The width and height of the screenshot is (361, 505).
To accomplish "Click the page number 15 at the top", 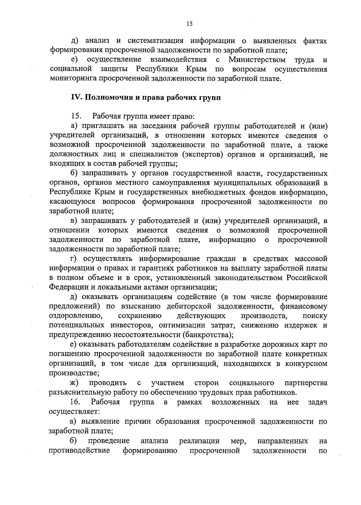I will click(189, 24).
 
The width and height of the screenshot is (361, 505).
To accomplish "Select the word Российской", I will click(307, 277).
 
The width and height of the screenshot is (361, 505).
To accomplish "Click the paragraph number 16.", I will click(75, 402).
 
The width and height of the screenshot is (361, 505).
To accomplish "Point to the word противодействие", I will click(79, 451).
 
